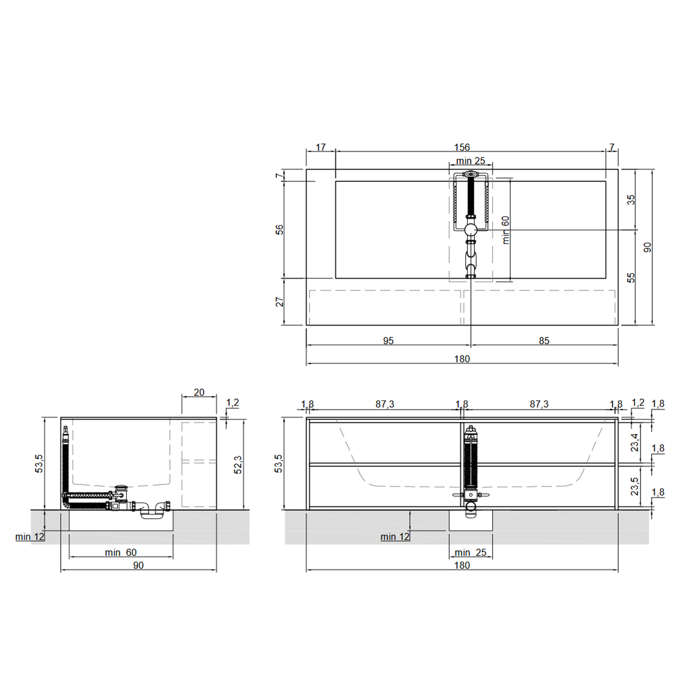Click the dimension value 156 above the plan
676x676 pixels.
click(462, 148)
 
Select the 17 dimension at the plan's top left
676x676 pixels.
click(321, 148)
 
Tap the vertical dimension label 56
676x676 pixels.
click(279, 230)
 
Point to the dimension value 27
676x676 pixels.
click(279, 302)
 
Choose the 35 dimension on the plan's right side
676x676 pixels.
click(631, 200)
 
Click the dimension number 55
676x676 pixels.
click(631, 278)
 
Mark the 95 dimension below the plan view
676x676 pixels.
click(388, 341)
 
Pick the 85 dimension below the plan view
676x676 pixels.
click(544, 341)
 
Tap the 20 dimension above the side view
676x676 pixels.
click(199, 392)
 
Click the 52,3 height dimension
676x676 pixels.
click(238, 465)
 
